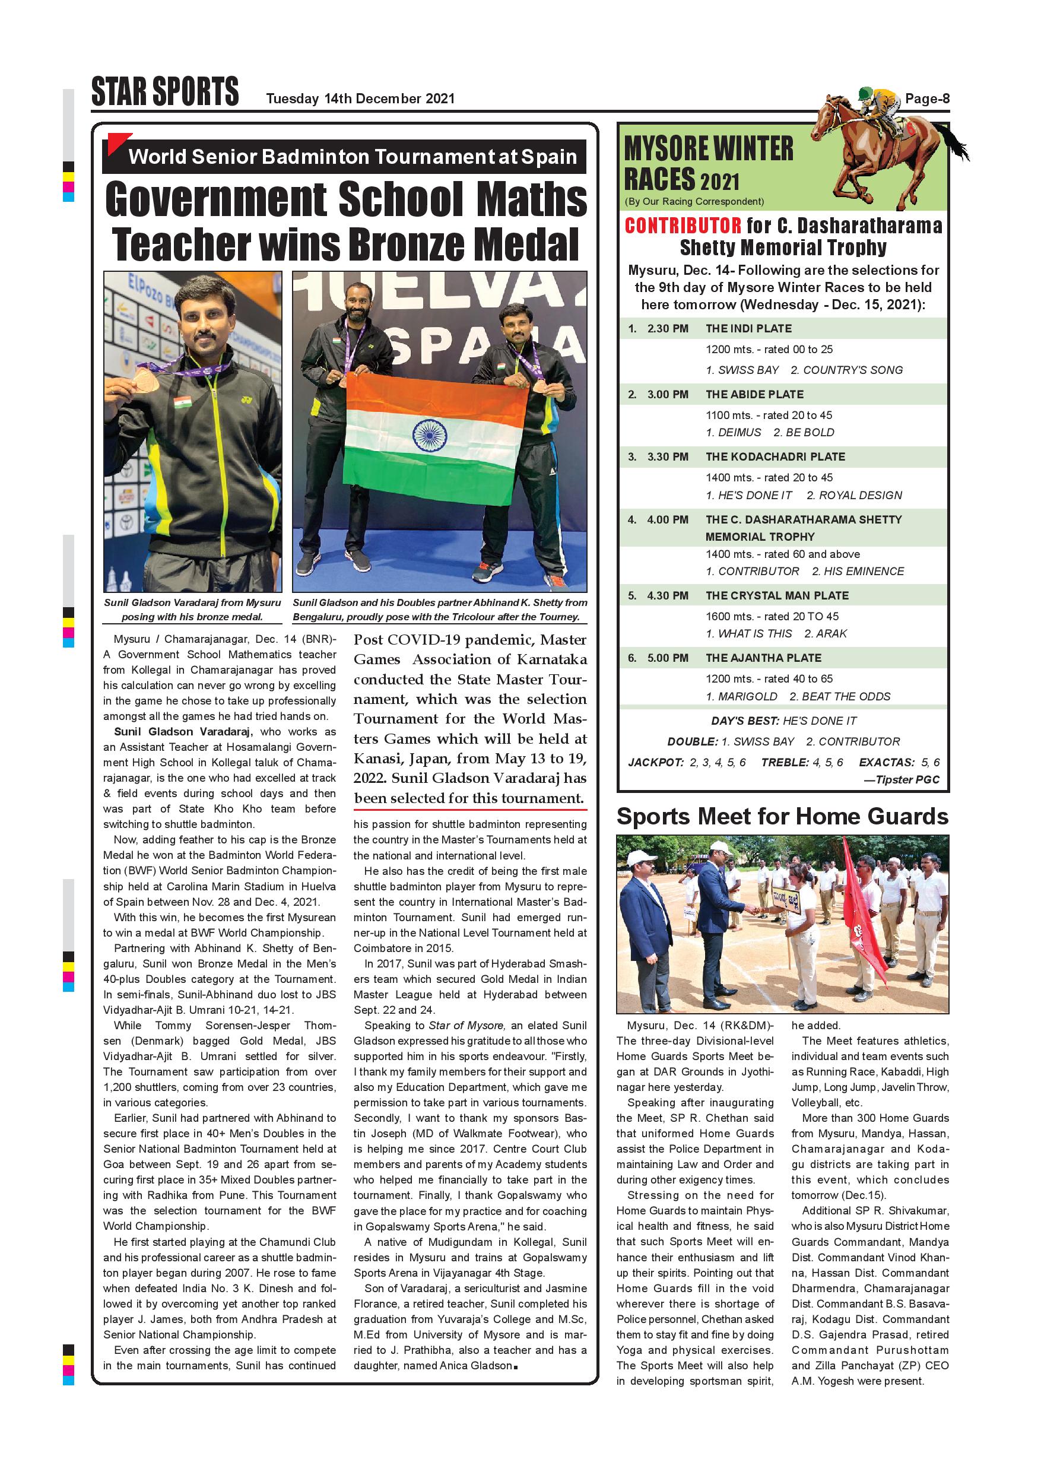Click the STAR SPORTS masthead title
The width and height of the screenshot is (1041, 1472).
[x=165, y=91]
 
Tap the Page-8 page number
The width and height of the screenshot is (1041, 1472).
[x=927, y=99]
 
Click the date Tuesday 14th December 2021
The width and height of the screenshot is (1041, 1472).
[x=360, y=99]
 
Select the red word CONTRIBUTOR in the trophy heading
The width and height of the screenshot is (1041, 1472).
[x=683, y=226]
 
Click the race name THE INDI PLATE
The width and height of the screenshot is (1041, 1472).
[x=748, y=328]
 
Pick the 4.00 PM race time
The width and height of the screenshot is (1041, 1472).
[x=667, y=519]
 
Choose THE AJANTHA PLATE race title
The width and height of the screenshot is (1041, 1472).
[x=763, y=658]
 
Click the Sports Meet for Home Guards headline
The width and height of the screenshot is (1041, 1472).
[x=782, y=816]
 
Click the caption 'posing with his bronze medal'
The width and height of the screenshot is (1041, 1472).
[x=192, y=617]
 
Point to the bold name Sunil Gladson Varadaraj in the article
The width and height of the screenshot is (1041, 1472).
[x=183, y=731]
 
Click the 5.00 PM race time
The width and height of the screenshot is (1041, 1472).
[x=667, y=658]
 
